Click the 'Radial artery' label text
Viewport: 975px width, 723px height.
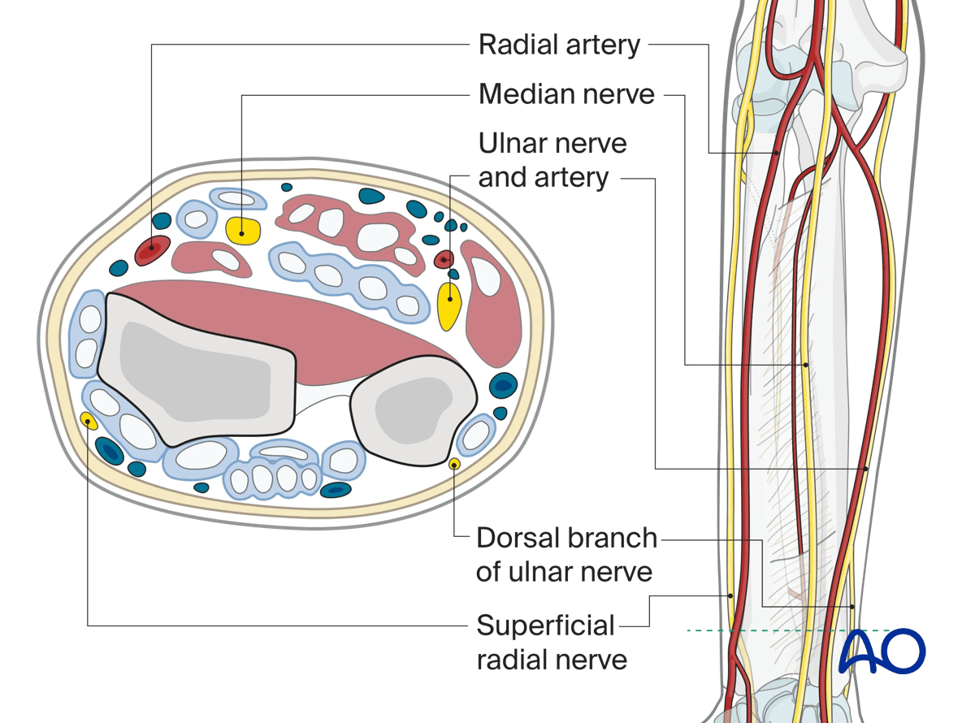coord(559,45)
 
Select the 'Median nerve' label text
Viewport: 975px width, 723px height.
coord(566,94)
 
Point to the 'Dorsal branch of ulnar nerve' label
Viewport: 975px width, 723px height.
coord(566,555)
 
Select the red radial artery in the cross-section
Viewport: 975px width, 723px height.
coord(152,249)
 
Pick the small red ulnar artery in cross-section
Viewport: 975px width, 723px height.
coord(444,260)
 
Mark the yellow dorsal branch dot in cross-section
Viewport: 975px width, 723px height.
coord(454,464)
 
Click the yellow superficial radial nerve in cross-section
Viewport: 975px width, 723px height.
coord(88,420)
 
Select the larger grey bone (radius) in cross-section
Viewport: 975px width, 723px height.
coord(195,370)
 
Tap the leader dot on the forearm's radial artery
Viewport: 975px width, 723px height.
coord(776,153)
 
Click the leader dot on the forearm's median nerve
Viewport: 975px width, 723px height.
coord(805,365)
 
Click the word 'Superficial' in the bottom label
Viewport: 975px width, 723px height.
coord(545,626)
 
